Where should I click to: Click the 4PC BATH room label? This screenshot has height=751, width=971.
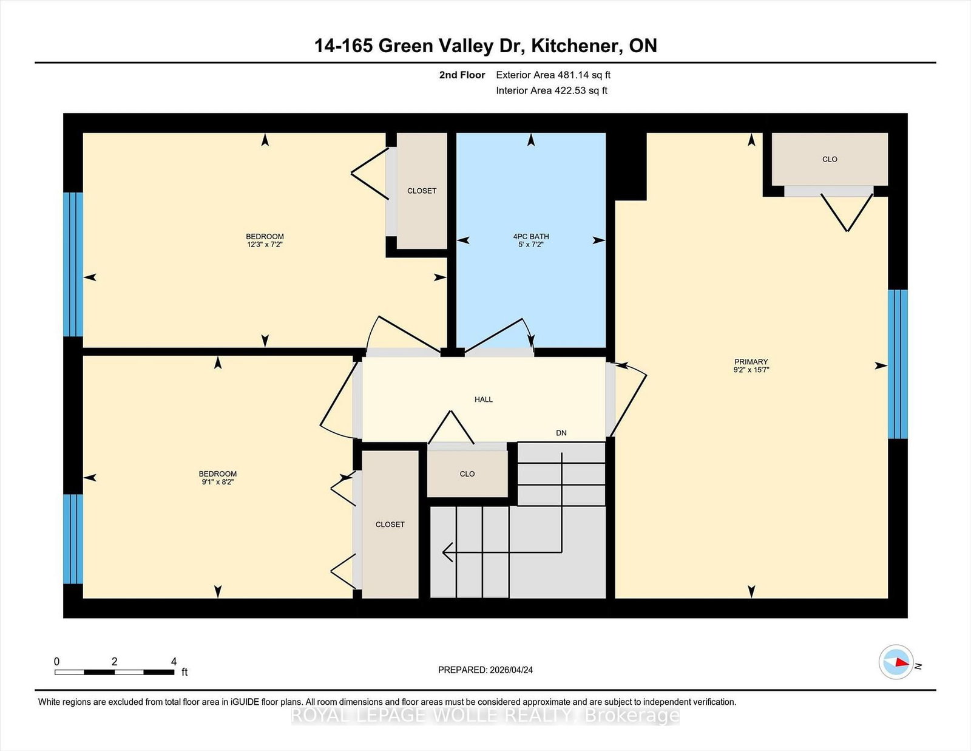531,237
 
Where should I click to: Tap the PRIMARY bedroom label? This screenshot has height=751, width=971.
751,362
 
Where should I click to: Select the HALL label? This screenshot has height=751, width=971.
484,399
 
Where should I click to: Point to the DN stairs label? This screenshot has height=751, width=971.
561,433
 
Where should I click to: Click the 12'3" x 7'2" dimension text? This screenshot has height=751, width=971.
265,245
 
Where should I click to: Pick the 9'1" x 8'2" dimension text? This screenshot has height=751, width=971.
218,482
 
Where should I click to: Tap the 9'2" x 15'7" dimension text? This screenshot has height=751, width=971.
751,370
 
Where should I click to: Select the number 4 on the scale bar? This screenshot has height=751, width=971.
174,662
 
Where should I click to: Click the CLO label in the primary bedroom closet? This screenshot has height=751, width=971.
830,159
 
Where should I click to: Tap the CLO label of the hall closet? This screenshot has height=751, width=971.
467,474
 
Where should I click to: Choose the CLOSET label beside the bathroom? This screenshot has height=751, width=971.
422,191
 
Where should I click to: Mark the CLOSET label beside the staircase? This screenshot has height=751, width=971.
390,525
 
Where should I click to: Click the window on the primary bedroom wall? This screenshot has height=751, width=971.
898,364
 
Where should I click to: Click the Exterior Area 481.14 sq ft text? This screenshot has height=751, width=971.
553,75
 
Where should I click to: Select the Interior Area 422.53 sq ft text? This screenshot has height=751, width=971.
552,90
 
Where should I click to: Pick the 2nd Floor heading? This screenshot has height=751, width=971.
462,75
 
